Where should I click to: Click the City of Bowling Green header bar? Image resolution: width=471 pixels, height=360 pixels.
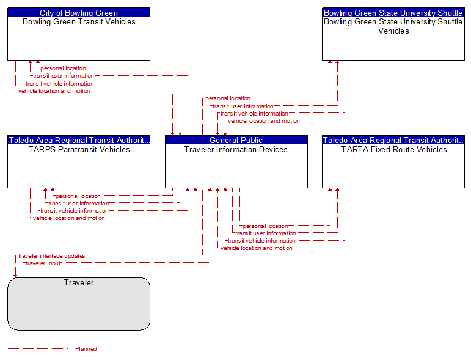[79, 12]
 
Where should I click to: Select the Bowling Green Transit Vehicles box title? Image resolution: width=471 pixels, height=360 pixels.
[79, 22]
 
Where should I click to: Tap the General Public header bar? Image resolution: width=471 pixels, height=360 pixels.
[236, 140]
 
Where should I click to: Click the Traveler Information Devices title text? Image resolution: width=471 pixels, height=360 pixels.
[236, 149]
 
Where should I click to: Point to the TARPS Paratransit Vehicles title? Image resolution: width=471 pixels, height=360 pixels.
[79, 149]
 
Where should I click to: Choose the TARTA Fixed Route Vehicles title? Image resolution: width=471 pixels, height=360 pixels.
[394, 149]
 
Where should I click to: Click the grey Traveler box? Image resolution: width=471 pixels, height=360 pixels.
[79, 304]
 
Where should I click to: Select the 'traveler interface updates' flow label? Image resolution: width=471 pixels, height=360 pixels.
[52, 256]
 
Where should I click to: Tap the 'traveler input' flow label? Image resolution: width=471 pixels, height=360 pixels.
[43, 263]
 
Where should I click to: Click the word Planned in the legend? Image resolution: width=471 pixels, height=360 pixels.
[86, 348]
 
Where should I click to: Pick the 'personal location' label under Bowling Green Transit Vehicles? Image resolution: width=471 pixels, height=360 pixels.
[63, 68]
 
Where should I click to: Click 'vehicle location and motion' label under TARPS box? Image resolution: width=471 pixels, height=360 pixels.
[69, 218]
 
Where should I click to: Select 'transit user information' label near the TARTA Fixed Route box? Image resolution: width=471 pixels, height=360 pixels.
[266, 233]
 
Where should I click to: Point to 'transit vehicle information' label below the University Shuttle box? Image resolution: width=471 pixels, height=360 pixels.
[254, 114]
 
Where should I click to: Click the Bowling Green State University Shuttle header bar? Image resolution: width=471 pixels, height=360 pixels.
[393, 12]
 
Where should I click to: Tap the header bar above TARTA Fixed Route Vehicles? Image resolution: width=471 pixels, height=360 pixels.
[393, 140]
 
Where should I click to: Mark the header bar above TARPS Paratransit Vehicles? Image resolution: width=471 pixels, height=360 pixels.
[79, 140]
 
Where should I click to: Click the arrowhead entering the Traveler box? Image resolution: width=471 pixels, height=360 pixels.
[15, 276]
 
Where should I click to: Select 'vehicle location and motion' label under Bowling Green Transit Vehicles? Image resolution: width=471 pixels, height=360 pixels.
[54, 91]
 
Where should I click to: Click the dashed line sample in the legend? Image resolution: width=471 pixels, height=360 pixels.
[38, 348]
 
